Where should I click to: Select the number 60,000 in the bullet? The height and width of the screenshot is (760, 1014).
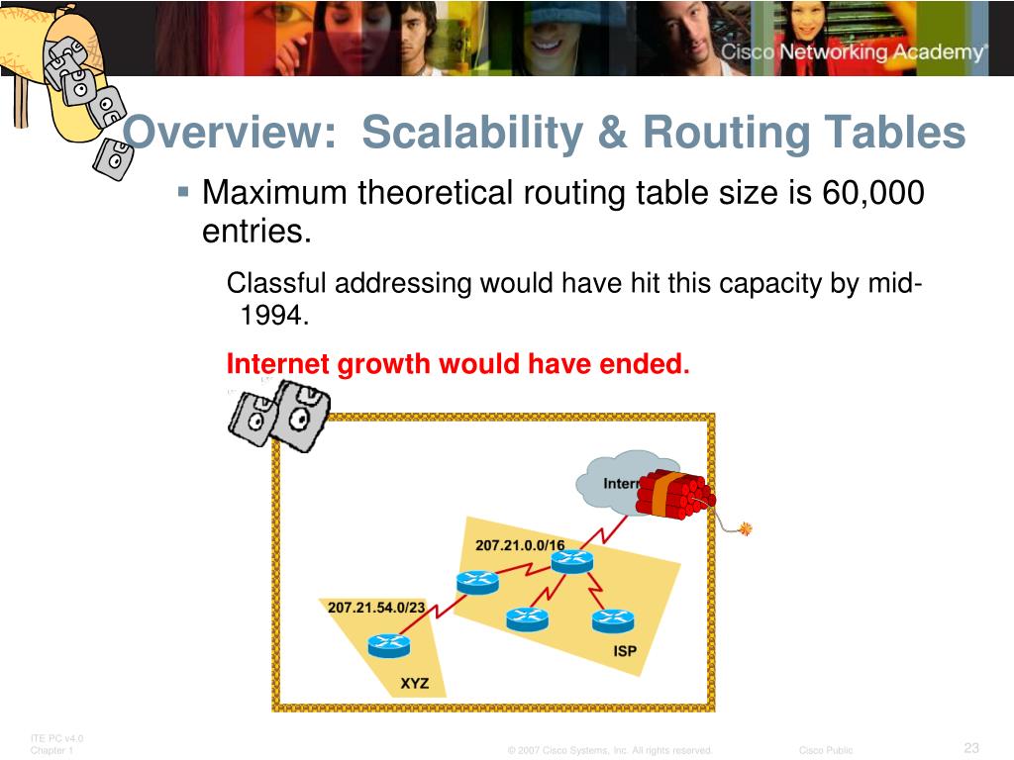872,192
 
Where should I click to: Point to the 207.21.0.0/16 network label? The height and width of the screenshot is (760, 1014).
520,545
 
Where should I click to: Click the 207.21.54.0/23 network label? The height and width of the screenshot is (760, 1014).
375,608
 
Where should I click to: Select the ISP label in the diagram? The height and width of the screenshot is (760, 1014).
625,651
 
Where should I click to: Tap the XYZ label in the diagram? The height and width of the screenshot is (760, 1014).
415,683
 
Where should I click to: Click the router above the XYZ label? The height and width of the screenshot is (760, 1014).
388,645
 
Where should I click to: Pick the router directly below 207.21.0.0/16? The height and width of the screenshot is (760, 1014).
571,561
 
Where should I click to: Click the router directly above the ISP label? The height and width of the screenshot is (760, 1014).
612,620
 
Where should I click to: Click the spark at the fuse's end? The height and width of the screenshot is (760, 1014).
745,528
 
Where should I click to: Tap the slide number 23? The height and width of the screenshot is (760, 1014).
971,747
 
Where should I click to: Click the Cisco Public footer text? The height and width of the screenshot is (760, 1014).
826,750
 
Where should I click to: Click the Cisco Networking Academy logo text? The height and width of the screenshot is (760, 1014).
853,52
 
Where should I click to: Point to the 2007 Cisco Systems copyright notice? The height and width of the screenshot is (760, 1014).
610,750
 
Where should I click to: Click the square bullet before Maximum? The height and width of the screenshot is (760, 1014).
184,188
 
